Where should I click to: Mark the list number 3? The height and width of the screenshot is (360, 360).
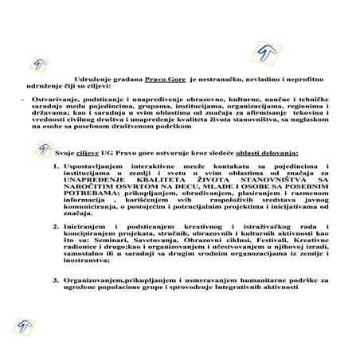pyautogui.click(x=55, y=280)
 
